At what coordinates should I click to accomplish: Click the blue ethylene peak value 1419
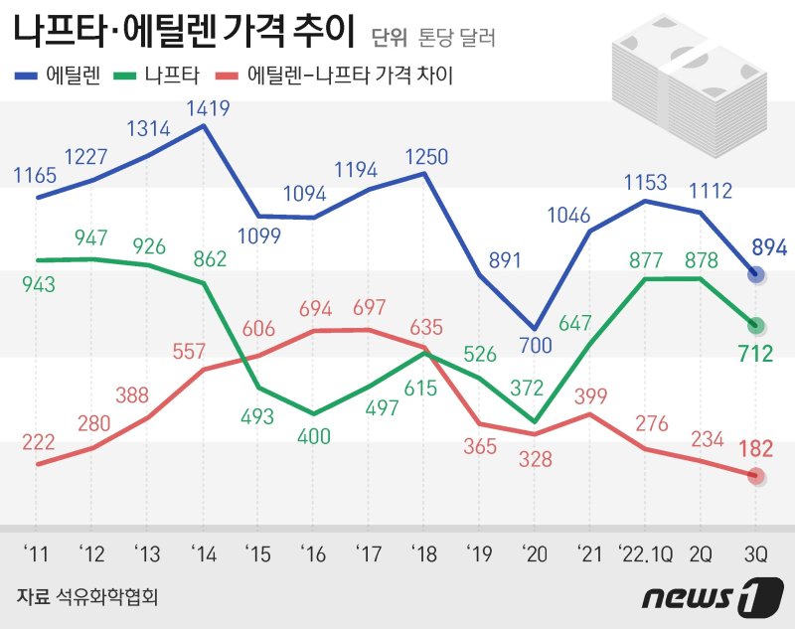pyautogui.click(x=206, y=105)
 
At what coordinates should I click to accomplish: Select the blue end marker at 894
pyautogui.click(x=756, y=274)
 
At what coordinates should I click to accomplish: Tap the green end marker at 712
pyautogui.click(x=756, y=324)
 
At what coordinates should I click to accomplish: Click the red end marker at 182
pyautogui.click(x=756, y=476)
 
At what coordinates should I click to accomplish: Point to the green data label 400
pyautogui.click(x=314, y=434)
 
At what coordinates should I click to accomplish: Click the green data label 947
pyautogui.click(x=91, y=238)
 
